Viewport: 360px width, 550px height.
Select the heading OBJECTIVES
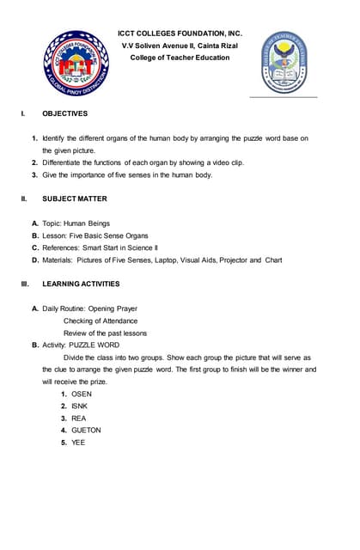coord(64,113)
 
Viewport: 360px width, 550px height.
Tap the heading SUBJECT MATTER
coord(75,199)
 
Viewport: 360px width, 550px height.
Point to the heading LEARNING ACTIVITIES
coord(82,284)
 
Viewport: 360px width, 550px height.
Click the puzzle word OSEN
coord(82,394)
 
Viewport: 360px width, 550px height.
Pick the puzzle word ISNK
coord(79,406)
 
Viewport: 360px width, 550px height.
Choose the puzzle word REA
coord(78,419)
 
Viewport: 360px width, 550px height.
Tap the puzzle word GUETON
coord(86,431)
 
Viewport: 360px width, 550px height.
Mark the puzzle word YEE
coord(78,443)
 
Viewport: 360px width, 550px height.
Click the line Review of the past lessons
coord(105,333)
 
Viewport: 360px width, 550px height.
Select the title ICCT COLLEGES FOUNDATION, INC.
coord(180,34)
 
